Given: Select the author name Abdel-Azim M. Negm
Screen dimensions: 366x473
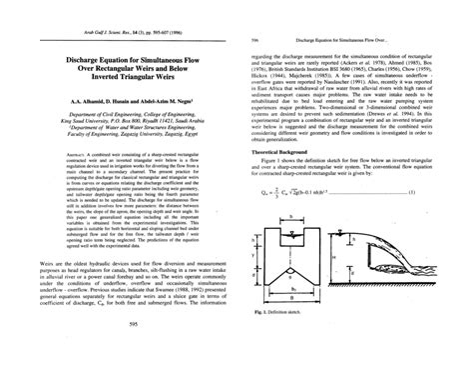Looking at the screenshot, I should (148, 104).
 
